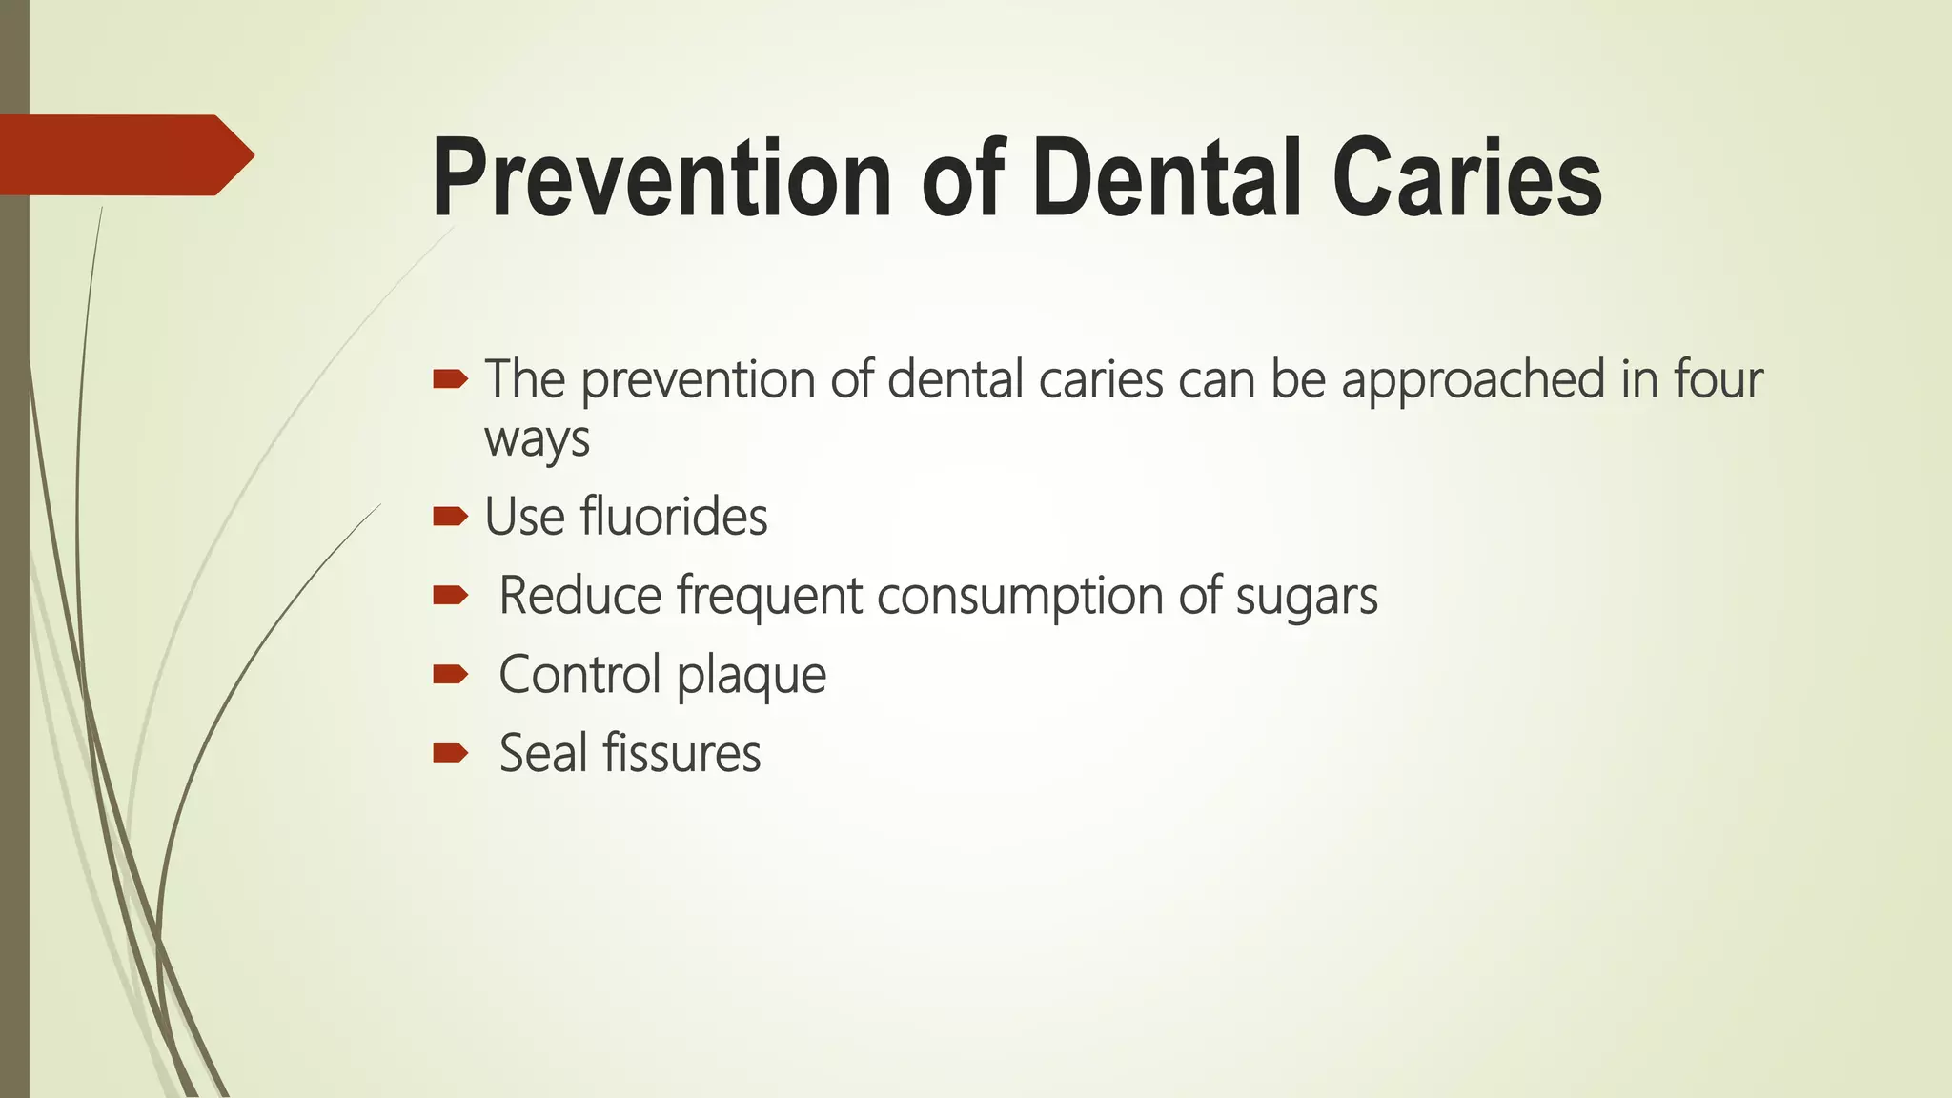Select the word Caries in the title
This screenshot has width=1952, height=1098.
(x=1467, y=179)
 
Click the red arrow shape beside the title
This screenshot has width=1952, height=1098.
(x=124, y=155)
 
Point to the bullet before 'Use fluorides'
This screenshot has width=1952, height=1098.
(x=450, y=518)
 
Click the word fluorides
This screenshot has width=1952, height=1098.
(x=673, y=518)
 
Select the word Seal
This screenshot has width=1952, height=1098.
(x=543, y=754)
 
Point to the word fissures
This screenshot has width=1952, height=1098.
(x=681, y=754)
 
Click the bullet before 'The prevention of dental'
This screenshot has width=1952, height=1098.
(x=450, y=380)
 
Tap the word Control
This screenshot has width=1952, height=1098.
(x=579, y=675)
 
